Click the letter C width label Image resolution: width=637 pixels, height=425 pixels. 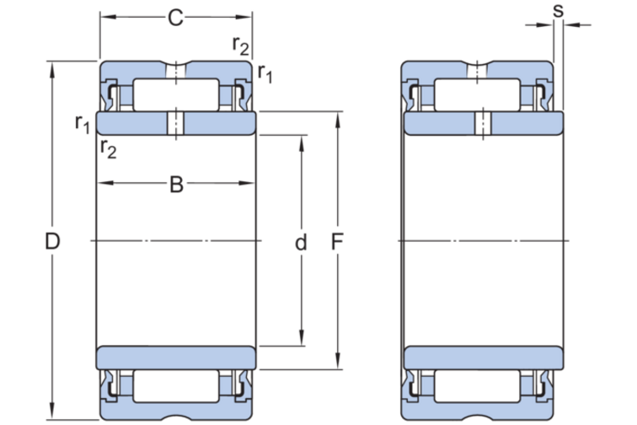click(x=175, y=18)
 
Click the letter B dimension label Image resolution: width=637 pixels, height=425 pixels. click(x=176, y=185)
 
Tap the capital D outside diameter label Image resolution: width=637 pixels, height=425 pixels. click(x=53, y=242)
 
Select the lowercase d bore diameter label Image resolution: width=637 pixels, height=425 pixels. click(x=301, y=244)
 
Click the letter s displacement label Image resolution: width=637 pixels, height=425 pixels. click(x=557, y=10)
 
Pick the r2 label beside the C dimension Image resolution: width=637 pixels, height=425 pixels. click(x=241, y=46)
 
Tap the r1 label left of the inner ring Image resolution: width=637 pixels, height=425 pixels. click(x=83, y=125)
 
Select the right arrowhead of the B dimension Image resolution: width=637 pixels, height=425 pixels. click(x=249, y=184)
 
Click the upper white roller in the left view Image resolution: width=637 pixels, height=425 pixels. click(x=176, y=95)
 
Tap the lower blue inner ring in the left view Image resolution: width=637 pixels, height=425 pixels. click(x=176, y=358)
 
